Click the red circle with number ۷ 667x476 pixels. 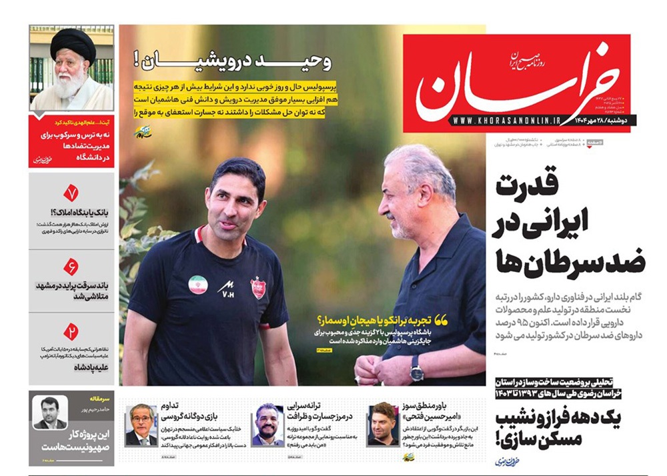pyautogui.click(x=71, y=193)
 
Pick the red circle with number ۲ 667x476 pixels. pyautogui.click(x=71, y=331)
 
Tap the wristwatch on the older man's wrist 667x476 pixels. pyautogui.click(x=417, y=367)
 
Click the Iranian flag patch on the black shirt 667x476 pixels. pyautogui.click(x=197, y=285)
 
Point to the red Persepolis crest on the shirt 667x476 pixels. pyautogui.click(x=257, y=287)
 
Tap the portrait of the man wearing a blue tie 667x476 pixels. pyautogui.click(x=141, y=425)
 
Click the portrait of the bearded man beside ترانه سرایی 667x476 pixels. pyautogui.click(x=267, y=425)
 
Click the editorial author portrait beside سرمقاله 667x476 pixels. pyautogui.click(x=51, y=413)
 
